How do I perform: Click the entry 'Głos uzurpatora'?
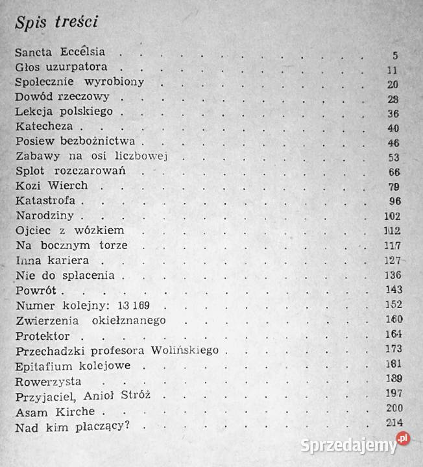click(x=56, y=67)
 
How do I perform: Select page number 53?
click(x=392, y=158)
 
